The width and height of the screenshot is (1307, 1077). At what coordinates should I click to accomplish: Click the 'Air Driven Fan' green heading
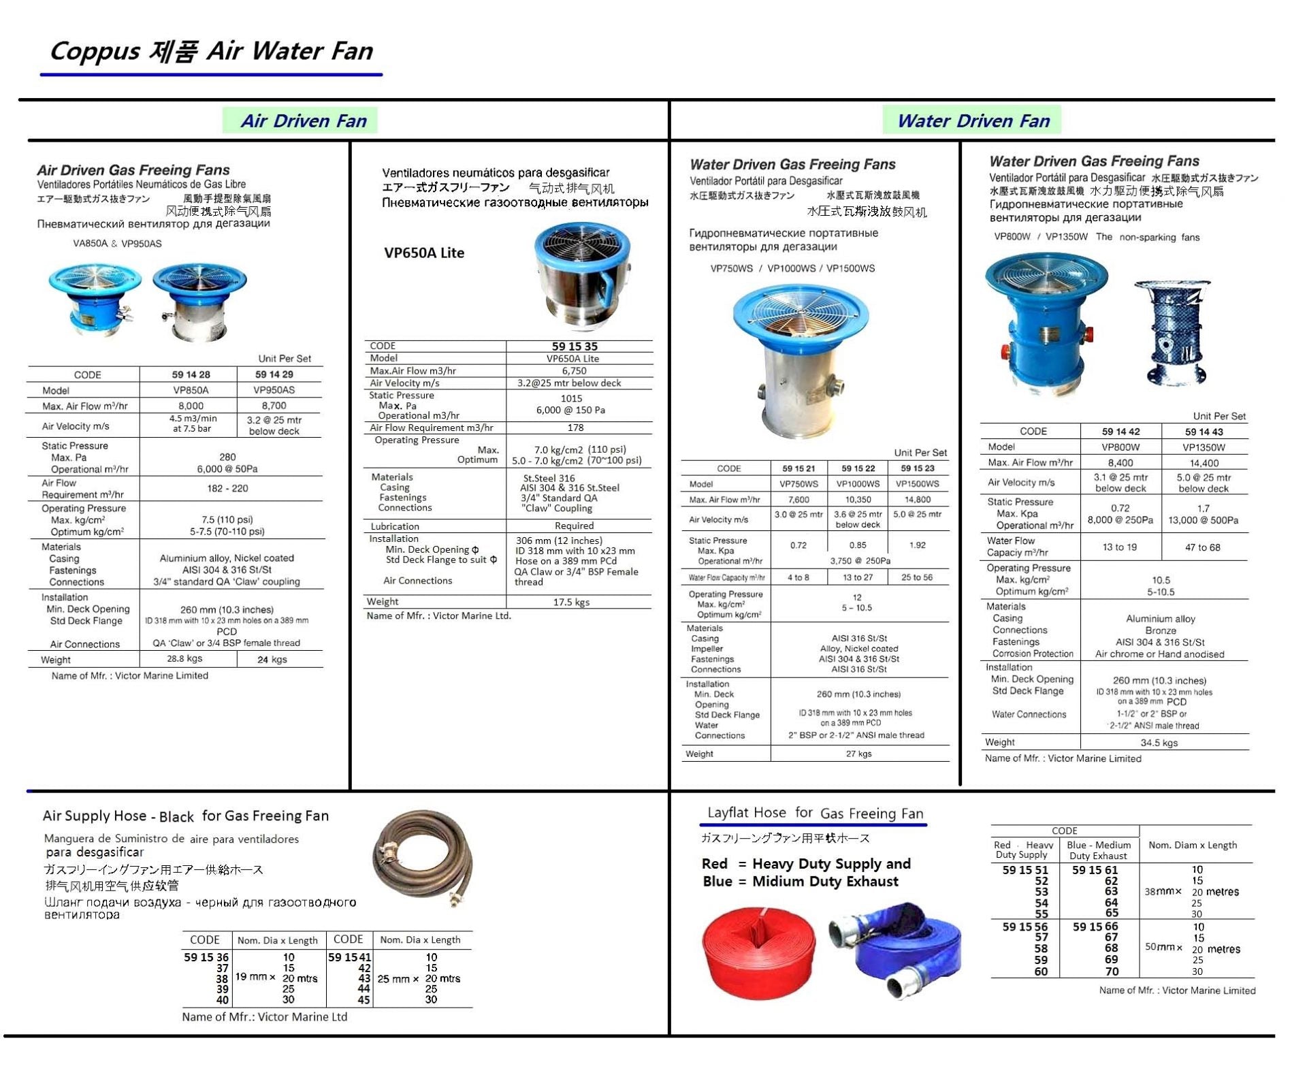(303, 121)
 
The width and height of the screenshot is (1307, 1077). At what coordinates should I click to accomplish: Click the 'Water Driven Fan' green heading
(973, 121)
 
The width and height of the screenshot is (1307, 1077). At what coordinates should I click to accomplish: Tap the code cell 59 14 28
(191, 374)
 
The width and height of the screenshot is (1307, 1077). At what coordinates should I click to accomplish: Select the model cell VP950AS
(274, 390)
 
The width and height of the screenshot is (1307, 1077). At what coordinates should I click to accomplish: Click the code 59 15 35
(574, 346)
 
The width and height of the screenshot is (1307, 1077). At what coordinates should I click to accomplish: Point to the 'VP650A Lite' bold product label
(423, 253)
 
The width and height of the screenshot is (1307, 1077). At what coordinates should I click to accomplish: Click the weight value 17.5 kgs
(571, 602)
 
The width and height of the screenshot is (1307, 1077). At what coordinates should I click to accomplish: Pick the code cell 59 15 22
(858, 468)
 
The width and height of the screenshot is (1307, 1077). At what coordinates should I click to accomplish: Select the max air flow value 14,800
(917, 499)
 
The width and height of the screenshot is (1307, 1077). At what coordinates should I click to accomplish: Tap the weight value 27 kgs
(858, 754)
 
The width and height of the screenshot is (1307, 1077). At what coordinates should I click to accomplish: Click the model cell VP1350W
(1203, 447)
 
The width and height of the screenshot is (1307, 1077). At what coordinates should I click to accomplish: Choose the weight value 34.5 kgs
(1159, 743)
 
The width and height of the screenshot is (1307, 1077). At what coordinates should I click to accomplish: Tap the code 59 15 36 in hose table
(206, 957)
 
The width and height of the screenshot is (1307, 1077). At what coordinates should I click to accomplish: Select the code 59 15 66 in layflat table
(1095, 927)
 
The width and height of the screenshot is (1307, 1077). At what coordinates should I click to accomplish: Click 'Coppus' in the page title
(95, 52)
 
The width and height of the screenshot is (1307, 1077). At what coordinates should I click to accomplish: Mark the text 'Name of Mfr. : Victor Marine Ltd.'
(438, 615)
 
